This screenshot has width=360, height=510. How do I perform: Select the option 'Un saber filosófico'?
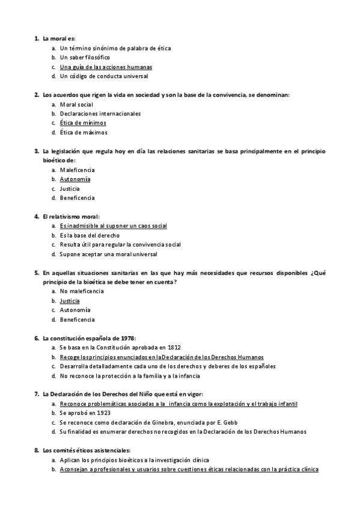coord(85,57)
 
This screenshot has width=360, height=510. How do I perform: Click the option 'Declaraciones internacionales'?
coord(100,113)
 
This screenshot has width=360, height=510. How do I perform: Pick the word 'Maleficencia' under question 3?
coord(77,170)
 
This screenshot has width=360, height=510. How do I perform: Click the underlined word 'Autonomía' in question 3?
coord(75,179)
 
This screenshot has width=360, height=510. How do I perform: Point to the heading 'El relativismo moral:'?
coord(71,217)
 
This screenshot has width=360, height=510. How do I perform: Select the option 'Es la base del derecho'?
coord(90,235)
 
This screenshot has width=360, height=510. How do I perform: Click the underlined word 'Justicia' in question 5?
coord(70,301)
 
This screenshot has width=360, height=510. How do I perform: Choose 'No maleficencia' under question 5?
coord(82,291)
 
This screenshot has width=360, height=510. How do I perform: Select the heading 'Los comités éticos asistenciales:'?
coord(86,450)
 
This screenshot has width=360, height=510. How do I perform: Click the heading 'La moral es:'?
coord(58,38)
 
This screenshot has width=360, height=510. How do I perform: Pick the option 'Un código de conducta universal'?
coord(103,76)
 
